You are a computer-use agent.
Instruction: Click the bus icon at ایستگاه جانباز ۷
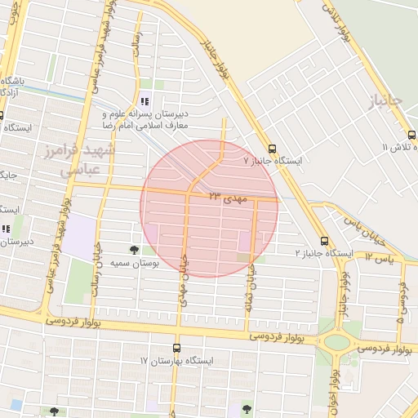(271, 149)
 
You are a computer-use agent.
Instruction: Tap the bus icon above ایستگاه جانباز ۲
(325, 241)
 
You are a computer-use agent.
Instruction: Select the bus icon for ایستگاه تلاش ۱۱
(411, 135)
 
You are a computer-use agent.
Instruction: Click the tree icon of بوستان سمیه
(133, 249)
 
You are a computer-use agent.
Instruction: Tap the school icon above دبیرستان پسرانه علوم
(145, 102)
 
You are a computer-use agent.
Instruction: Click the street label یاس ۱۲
(380, 257)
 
